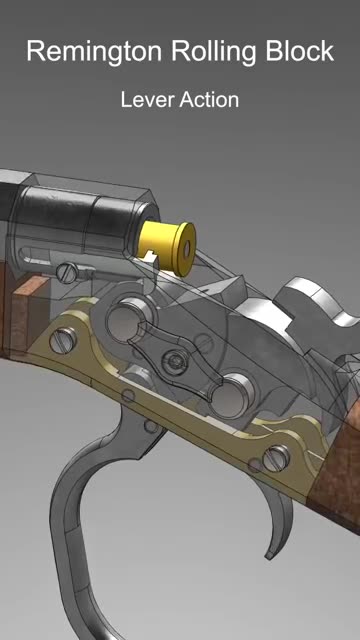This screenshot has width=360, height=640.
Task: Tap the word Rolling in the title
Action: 217,52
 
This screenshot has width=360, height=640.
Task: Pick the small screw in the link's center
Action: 179,359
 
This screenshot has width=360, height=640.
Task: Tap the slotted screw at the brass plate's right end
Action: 275,459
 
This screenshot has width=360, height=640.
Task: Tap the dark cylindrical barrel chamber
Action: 90,215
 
